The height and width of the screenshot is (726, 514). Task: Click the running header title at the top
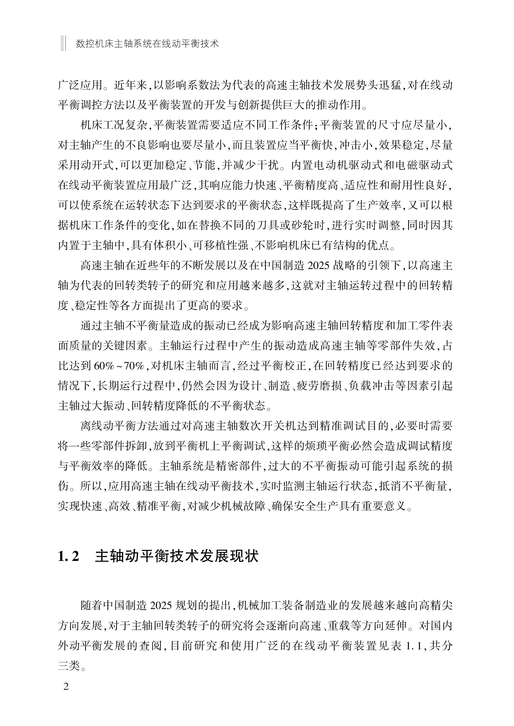[147, 43]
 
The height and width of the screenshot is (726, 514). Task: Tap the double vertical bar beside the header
[63, 43]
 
